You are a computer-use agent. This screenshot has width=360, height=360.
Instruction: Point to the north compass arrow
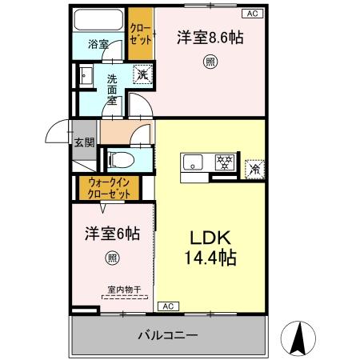300,337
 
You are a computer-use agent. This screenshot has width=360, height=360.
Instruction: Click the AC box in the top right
252,14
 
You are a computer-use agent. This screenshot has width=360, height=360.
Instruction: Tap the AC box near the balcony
169,306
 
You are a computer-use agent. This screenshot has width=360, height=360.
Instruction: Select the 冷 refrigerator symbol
254,169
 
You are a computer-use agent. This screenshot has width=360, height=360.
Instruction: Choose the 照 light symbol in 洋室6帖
112,258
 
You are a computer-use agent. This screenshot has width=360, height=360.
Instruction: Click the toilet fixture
118,158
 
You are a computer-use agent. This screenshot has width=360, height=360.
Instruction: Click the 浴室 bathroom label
98,45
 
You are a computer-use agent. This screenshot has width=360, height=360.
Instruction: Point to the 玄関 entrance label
84,143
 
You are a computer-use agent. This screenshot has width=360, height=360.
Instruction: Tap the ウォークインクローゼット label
108,189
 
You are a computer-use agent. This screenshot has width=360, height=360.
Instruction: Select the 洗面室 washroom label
113,90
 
